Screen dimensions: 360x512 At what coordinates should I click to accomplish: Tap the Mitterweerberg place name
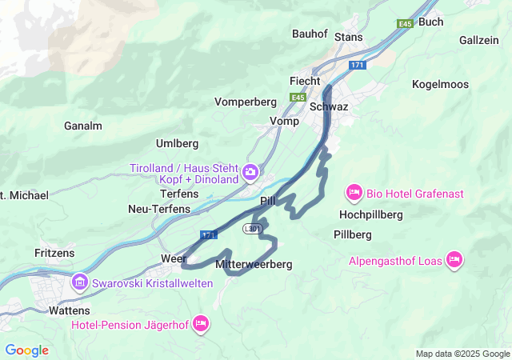[254, 264]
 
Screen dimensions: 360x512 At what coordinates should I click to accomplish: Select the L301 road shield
[253, 229]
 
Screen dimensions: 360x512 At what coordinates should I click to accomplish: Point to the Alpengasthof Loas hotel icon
[454, 259]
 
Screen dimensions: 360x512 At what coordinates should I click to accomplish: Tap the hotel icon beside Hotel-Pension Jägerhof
[201, 323]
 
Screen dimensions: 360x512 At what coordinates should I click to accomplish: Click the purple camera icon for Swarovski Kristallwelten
[79, 282]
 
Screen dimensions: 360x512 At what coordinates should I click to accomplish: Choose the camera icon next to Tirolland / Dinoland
[250, 172]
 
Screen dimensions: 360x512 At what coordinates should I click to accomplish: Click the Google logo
[26, 350]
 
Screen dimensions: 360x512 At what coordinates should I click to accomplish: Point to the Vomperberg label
[246, 102]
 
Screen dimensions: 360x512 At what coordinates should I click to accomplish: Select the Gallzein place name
[479, 40]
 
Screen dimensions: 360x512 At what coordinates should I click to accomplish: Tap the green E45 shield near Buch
[404, 23]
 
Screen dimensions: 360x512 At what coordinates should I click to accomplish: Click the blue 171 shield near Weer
[209, 234]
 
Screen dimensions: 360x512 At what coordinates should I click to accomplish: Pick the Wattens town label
[70, 310]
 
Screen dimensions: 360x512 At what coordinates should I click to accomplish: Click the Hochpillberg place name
[370, 214]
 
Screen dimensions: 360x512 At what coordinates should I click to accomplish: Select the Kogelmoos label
[439, 84]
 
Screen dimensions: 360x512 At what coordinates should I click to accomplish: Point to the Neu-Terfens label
[159, 209]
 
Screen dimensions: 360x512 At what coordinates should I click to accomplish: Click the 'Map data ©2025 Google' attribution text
[462, 354]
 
